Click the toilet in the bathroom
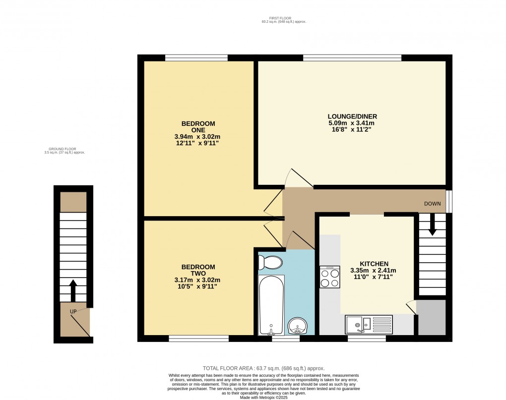point(270,262)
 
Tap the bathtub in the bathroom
point(271,305)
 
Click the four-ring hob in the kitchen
point(330,277)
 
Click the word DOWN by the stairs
point(433,204)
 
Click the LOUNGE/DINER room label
point(349,116)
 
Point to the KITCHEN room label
point(369,264)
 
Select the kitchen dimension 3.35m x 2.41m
point(369,271)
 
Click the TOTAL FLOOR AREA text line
point(263,368)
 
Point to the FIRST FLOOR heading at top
point(280,18)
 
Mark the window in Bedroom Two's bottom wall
point(198,339)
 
